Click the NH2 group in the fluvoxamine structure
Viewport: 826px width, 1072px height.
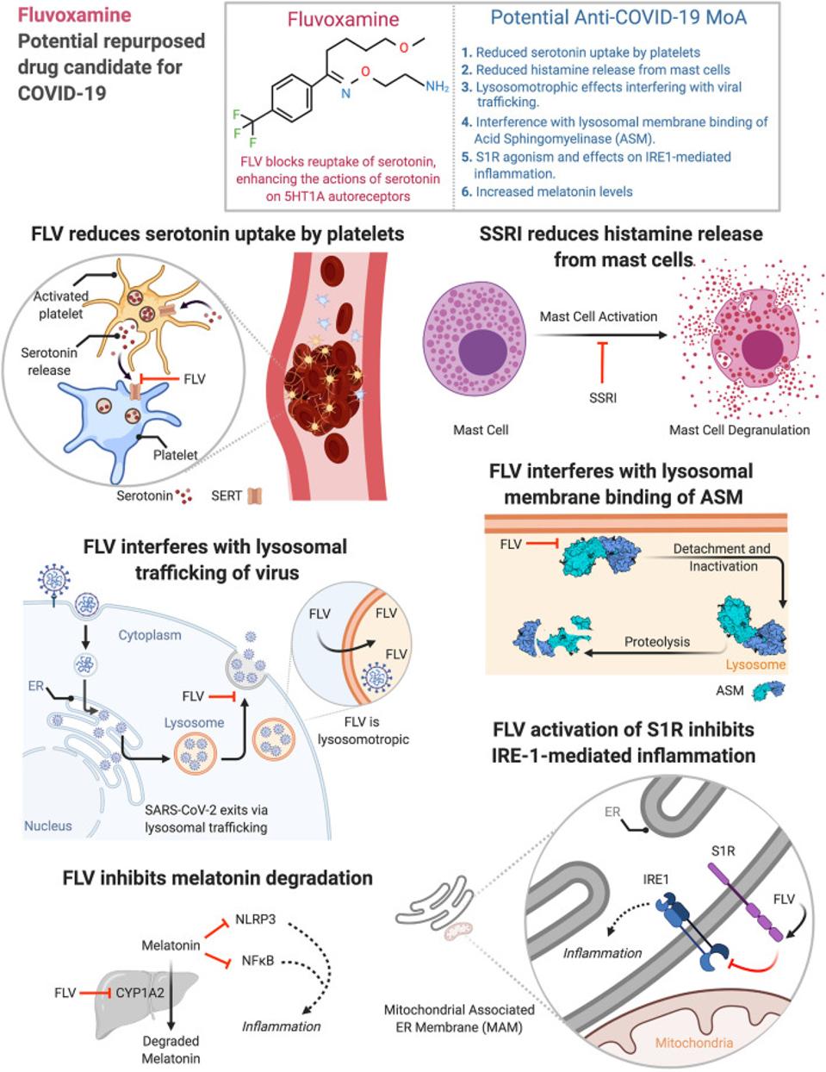(437, 87)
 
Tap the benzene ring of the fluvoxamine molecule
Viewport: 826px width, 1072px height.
(292, 98)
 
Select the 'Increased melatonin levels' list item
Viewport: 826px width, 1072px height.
(547, 191)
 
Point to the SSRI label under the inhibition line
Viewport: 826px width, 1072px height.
(603, 397)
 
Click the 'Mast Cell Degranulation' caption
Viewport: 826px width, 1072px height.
(739, 430)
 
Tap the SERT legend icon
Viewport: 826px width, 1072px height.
(255, 495)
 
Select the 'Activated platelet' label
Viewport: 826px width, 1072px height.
(60, 305)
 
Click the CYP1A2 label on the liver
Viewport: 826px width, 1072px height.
(140, 993)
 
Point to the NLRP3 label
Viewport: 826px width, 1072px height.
(255, 919)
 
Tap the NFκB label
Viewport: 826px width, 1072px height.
(258, 961)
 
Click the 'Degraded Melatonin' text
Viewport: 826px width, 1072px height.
(171, 1050)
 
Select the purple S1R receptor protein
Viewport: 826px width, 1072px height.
(745, 904)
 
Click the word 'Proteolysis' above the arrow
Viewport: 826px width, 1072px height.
(657, 642)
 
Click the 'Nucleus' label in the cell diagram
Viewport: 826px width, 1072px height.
(48, 826)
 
